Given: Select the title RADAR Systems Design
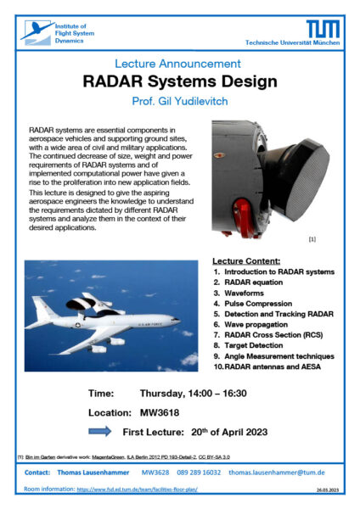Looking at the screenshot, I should coord(179,82).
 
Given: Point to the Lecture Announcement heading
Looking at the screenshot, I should coord(179,64).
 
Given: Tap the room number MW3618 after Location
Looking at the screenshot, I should coord(159,413).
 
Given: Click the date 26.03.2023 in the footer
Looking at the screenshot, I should coord(329,490).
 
